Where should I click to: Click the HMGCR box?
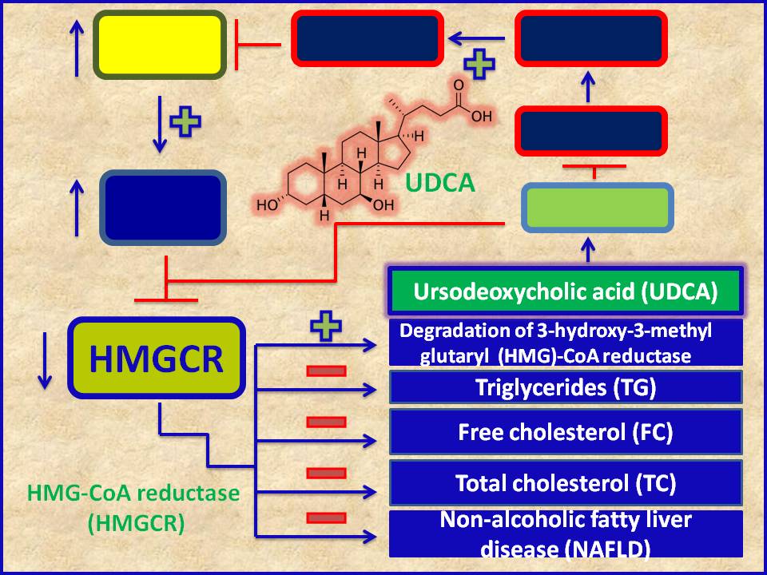(157, 359)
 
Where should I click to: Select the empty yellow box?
(158, 45)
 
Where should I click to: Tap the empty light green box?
(596, 208)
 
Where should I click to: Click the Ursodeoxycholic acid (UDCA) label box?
(566, 291)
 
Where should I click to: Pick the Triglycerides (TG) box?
(566, 388)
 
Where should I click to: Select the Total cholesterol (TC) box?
(566, 482)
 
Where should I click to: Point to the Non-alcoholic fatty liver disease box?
(566, 533)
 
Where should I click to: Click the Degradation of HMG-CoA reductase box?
(566, 343)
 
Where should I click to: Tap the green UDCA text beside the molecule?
(439, 184)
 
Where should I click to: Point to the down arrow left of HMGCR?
(44, 362)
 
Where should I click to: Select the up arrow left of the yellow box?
(77, 47)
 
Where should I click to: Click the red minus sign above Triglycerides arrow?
(326, 371)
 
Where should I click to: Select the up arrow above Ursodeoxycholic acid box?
(590, 250)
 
